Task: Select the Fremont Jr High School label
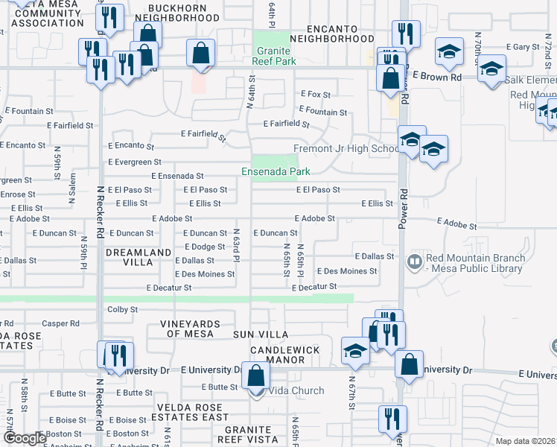(x=347, y=148)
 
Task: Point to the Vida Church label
(x=296, y=390)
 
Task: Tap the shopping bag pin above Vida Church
(x=255, y=376)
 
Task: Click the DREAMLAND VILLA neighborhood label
(x=139, y=258)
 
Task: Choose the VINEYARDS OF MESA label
(x=191, y=329)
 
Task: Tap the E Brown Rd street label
(x=436, y=77)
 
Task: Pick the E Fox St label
(x=315, y=95)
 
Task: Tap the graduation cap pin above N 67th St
(x=355, y=350)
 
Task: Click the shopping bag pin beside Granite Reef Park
(x=200, y=53)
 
